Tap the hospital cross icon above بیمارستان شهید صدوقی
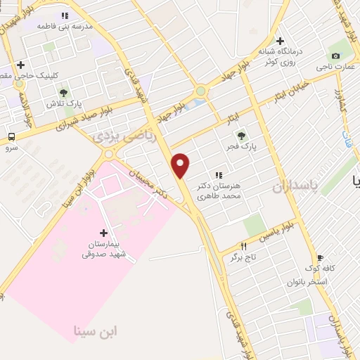coord(104,233)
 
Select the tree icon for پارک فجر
coord(243,135)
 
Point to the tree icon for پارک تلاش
coord(64,92)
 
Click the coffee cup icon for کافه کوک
coord(321,257)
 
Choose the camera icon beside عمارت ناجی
coord(335,56)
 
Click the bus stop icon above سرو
coord(11,137)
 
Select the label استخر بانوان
coord(307,281)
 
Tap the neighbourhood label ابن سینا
coord(96,330)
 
